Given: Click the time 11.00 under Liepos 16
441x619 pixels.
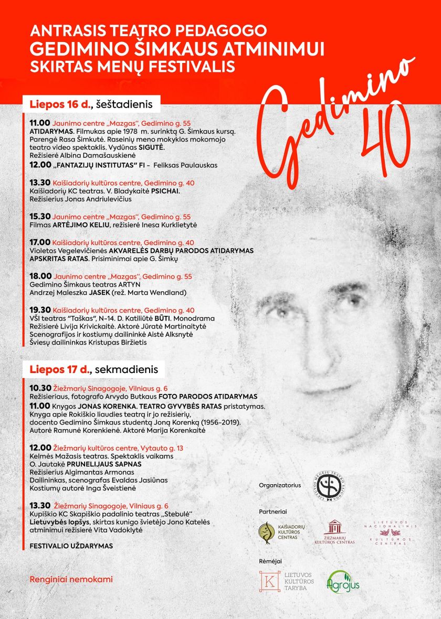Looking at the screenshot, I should pyautogui.click(x=39, y=123).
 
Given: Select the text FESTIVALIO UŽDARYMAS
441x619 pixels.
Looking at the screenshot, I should pyautogui.click(x=71, y=546).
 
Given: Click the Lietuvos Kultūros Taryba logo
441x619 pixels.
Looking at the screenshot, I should pyautogui.click(x=287, y=581).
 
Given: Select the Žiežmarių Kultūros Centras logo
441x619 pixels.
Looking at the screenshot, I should pyautogui.click(x=334, y=532).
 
